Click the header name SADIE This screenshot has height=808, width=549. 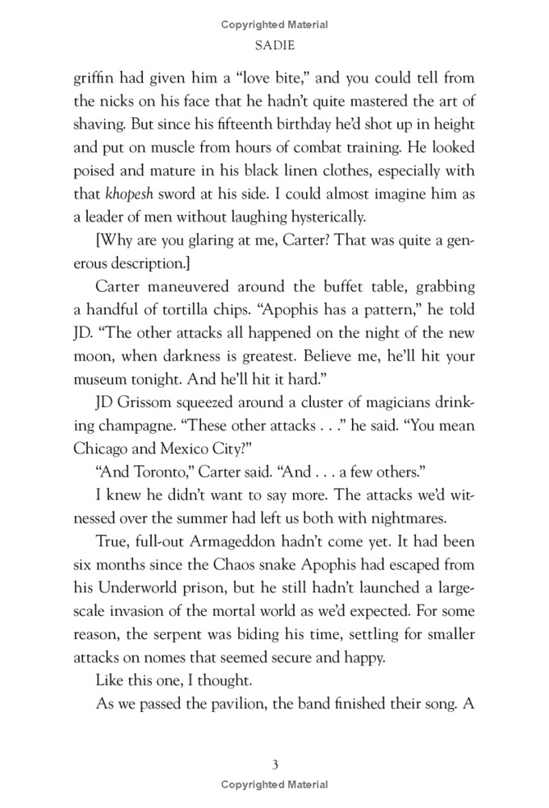coord(274,48)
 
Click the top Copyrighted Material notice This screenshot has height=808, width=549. coord(274,26)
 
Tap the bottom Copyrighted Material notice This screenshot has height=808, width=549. coord(274,785)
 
